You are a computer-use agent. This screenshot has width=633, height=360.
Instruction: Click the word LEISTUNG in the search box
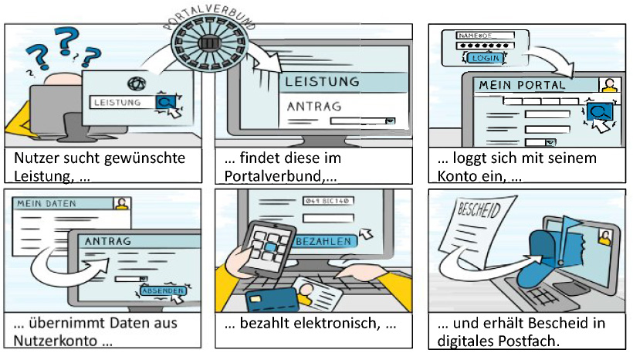pos(117,102)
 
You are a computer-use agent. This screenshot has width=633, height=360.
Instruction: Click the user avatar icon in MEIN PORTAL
pos(610,85)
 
